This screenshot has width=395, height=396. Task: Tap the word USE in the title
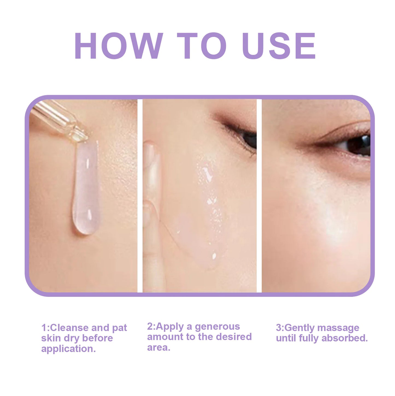pos(279,46)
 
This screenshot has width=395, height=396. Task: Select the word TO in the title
pos(201,46)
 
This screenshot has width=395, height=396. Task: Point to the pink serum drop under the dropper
pos(86,188)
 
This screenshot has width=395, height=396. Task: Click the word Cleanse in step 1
pos(69,327)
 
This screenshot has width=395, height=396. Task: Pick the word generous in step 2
pos(217,326)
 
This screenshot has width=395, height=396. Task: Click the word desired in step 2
pos(233,337)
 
